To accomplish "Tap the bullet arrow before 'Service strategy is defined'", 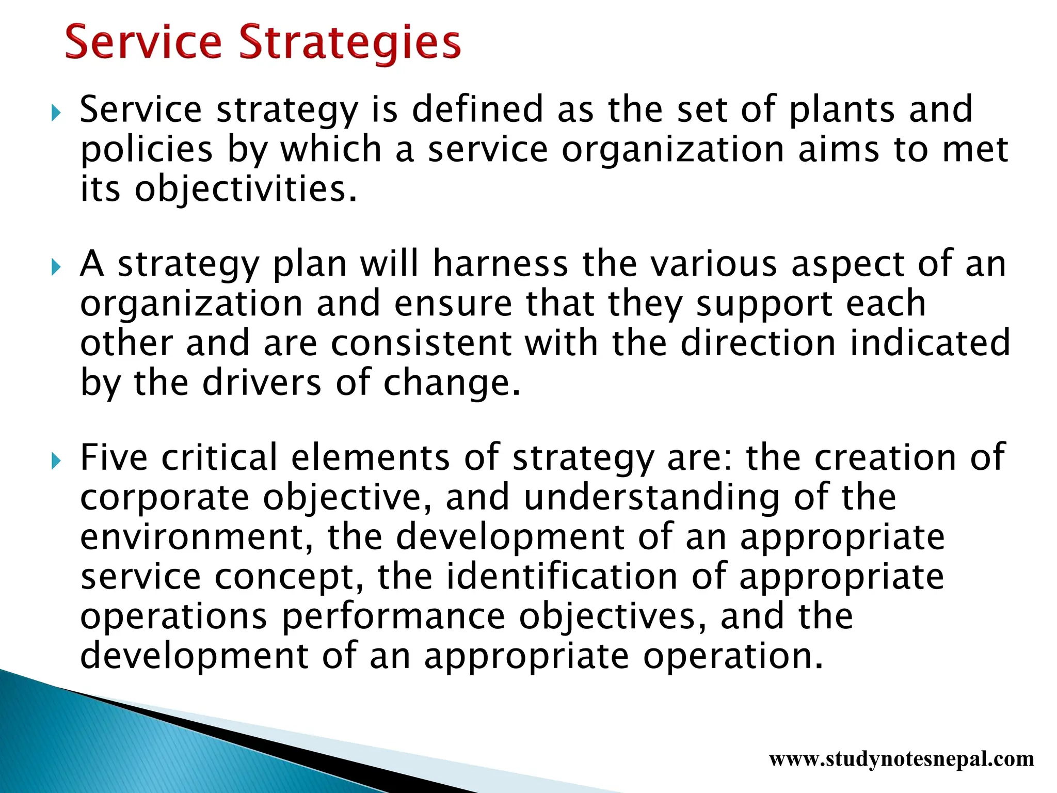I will click(x=56, y=113).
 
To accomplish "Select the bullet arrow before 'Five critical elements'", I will click(x=56, y=461).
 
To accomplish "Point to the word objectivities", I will click(x=245, y=189).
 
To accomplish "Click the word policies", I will click(x=147, y=150).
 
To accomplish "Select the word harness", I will click(x=500, y=264).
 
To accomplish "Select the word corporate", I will click(x=165, y=498).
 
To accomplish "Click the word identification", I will click(x=562, y=577).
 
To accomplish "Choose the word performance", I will click(x=393, y=617).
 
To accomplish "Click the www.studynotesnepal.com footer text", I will click(x=901, y=759).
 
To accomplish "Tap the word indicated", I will click(x=930, y=343).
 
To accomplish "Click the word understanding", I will click(x=651, y=498).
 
